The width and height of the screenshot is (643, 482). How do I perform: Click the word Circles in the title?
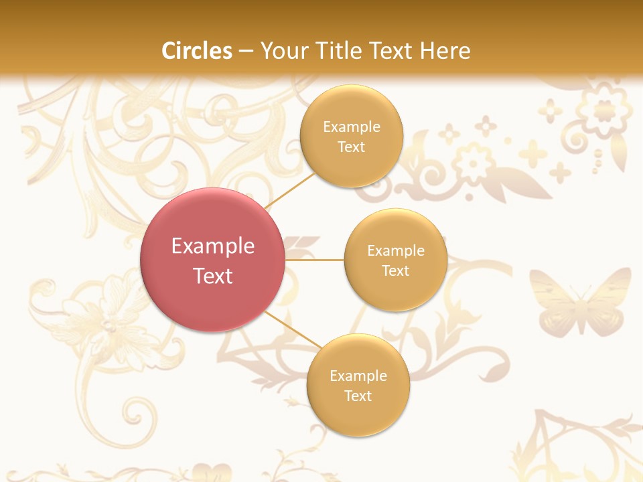coord(197,51)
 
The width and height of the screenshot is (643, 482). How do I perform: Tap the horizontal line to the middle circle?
coord(315,260)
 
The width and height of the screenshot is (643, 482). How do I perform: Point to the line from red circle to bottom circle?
coord(293,330)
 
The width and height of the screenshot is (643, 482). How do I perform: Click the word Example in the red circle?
coord(213,246)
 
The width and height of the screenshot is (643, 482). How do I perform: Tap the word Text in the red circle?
coord(213,276)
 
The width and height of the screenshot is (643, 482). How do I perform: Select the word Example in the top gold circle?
coord(352,127)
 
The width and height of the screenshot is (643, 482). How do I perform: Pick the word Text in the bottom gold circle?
coord(358,396)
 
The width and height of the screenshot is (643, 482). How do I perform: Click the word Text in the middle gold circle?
coord(395,270)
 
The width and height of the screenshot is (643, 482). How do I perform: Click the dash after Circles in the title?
coord(246,52)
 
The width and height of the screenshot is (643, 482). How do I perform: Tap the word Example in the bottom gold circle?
coord(358,376)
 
